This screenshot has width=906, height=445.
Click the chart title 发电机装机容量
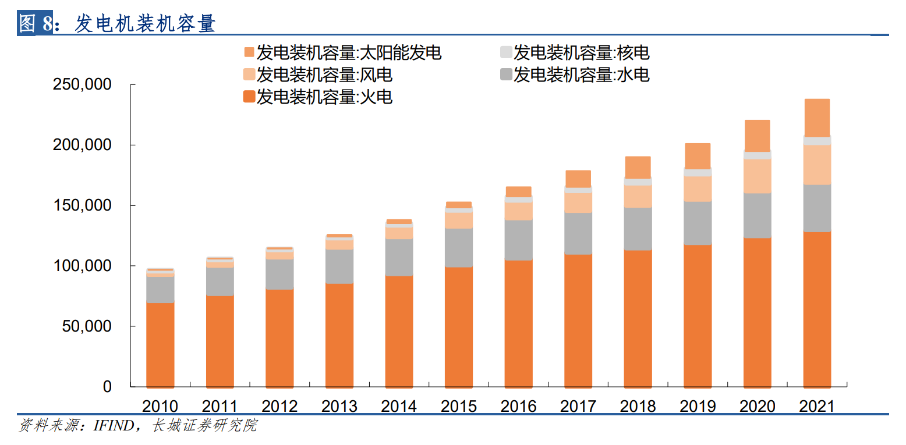coord(146,23)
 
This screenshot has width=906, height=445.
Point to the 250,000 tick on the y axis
coord(82,85)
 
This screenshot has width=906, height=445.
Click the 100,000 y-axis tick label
coord(82,266)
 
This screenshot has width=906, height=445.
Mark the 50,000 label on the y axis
coord(86,326)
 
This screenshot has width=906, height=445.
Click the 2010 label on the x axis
coord(160,406)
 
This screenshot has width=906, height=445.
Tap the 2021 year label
coord(817,406)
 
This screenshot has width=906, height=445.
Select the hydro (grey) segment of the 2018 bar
coord(638,229)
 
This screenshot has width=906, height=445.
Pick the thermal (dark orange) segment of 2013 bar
coord(339,334)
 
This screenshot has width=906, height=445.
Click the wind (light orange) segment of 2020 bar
coord(757,176)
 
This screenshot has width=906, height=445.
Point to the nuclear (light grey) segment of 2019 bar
coord(698,173)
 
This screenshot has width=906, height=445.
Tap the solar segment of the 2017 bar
coord(578,179)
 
